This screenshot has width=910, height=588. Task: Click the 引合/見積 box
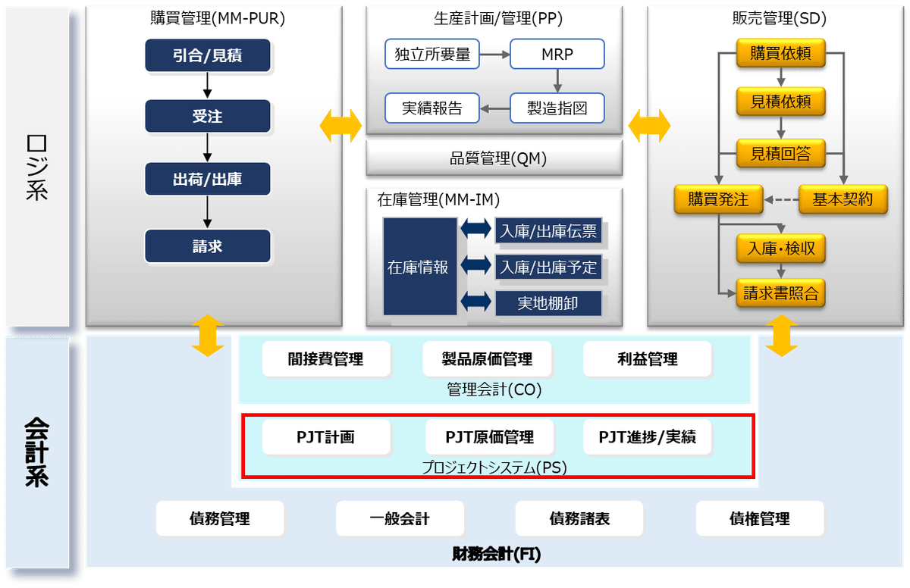(207, 55)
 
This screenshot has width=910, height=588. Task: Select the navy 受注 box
(207, 117)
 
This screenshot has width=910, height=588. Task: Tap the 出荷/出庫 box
(207, 180)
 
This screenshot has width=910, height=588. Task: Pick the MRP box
(557, 55)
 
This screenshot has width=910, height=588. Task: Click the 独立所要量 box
(432, 55)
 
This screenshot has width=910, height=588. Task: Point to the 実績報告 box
(432, 108)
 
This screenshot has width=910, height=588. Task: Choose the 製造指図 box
(557, 108)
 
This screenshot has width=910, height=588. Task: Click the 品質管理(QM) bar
(494, 158)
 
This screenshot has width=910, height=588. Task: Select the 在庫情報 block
(419, 267)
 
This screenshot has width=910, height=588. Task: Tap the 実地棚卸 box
(548, 303)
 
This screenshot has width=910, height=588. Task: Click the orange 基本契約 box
(843, 199)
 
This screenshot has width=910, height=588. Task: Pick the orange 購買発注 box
(718, 199)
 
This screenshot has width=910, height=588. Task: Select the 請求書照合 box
(780, 293)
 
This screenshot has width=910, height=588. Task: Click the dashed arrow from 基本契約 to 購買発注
(781, 200)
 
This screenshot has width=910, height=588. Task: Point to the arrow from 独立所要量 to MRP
(494, 55)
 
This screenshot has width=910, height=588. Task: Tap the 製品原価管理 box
(487, 359)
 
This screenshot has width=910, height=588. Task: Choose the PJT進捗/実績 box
(647, 437)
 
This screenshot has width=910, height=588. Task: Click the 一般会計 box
(400, 519)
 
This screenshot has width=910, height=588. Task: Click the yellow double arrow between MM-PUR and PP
(342, 124)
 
